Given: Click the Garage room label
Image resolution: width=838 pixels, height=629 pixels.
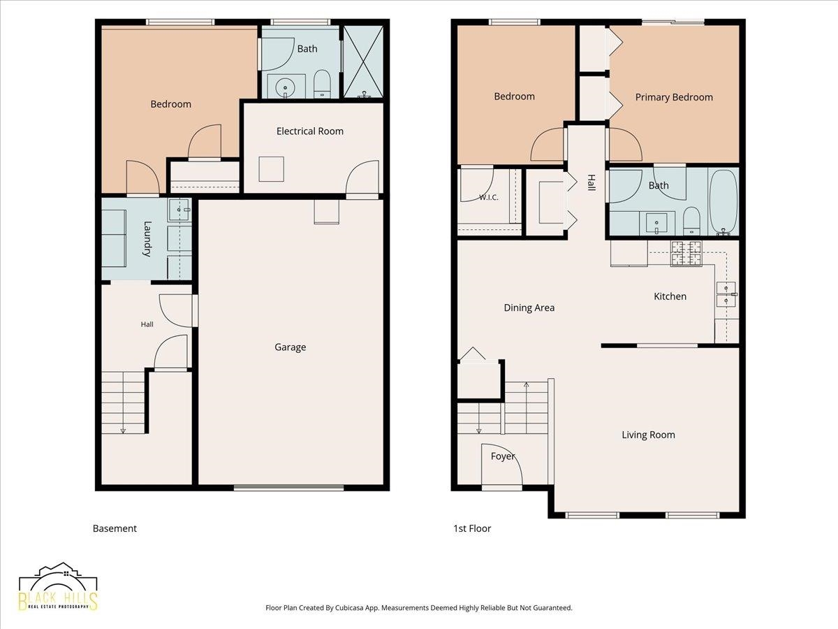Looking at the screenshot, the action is [x=290, y=347].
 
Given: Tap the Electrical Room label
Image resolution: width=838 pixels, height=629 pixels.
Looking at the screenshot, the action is [x=309, y=131].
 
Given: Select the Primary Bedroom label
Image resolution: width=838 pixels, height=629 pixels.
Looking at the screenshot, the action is [x=674, y=97].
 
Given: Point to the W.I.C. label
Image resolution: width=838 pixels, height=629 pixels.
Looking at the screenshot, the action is [x=489, y=198].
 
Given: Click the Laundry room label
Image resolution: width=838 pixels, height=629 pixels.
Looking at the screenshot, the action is [x=147, y=239].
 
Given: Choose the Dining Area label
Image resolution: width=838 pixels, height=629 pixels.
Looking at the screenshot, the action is [x=529, y=308].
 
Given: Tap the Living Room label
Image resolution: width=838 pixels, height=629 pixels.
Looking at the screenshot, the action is [x=648, y=435].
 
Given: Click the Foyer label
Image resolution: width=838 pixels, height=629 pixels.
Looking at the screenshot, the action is [x=503, y=456].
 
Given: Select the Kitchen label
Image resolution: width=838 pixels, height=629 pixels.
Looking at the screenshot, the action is [x=670, y=296].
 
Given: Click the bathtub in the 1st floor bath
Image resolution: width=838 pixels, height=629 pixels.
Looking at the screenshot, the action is [x=723, y=203].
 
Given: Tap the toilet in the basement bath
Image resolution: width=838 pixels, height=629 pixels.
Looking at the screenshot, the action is [x=322, y=84].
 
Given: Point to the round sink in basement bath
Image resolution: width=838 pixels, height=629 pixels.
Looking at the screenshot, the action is [x=285, y=87].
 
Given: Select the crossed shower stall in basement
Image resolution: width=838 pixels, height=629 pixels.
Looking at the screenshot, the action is [x=363, y=62].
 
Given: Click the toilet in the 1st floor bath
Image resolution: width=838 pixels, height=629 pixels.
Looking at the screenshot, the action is [x=691, y=221].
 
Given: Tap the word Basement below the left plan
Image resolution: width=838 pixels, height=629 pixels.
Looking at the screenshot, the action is [x=115, y=528].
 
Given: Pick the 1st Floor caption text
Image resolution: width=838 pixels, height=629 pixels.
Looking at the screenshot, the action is [x=472, y=528].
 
